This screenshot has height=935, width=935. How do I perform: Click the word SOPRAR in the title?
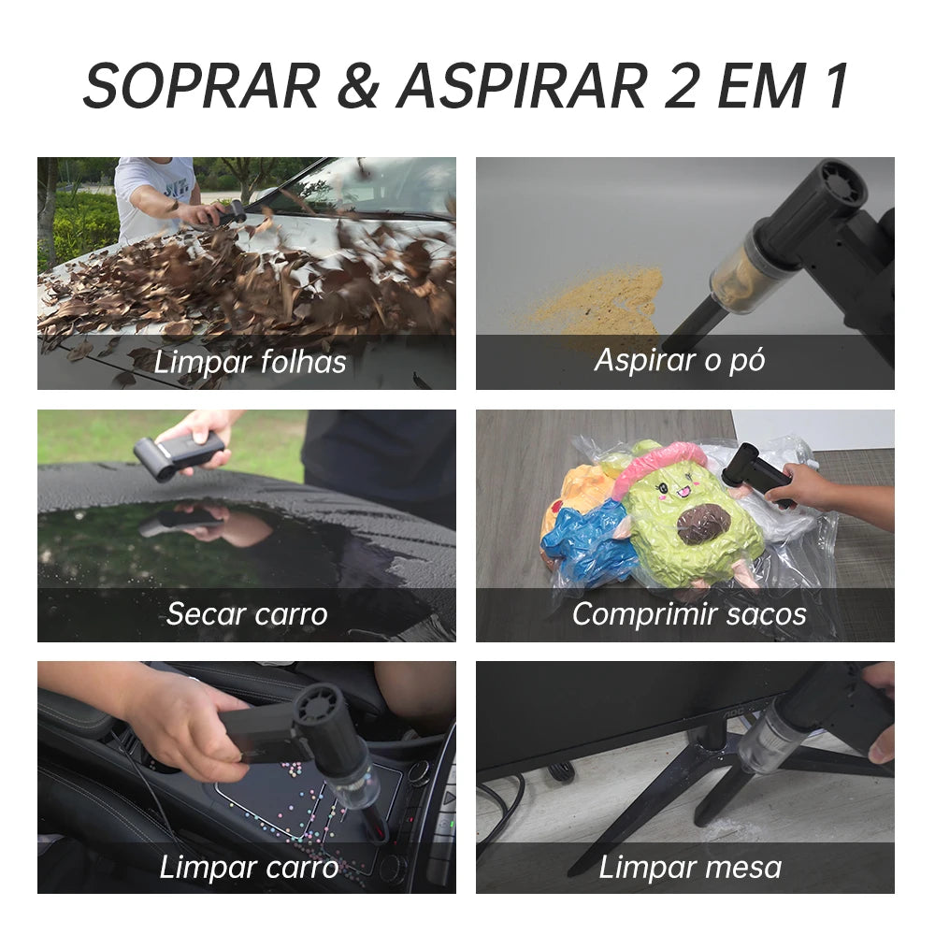[x=202, y=86]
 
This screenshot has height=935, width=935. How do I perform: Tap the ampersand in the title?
[x=358, y=86]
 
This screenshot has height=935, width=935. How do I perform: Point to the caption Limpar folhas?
[x=250, y=362]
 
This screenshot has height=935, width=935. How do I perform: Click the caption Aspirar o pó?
[x=679, y=361]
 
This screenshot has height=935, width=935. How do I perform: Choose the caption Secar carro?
[x=247, y=614]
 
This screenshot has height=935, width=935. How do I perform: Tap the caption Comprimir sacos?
[x=689, y=615]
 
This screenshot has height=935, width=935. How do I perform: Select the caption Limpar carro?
[x=249, y=867]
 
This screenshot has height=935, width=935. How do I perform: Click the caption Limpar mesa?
[x=690, y=867]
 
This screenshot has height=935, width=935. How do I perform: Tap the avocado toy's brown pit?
[x=704, y=524]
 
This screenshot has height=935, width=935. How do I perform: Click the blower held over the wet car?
[x=178, y=454]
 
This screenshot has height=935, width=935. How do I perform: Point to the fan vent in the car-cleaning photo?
[x=320, y=707]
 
